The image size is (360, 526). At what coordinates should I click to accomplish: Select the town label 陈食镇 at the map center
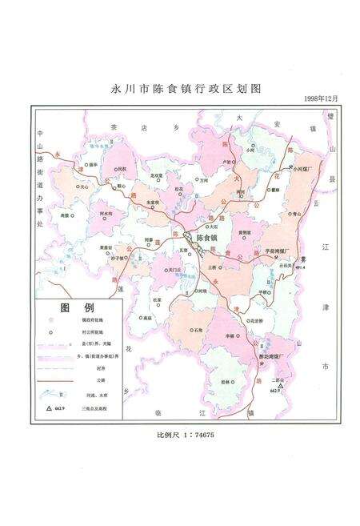tap(206, 239)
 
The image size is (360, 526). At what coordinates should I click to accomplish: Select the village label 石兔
tap(198, 329)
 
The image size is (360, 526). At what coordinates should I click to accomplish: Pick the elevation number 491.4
tap(301, 268)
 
